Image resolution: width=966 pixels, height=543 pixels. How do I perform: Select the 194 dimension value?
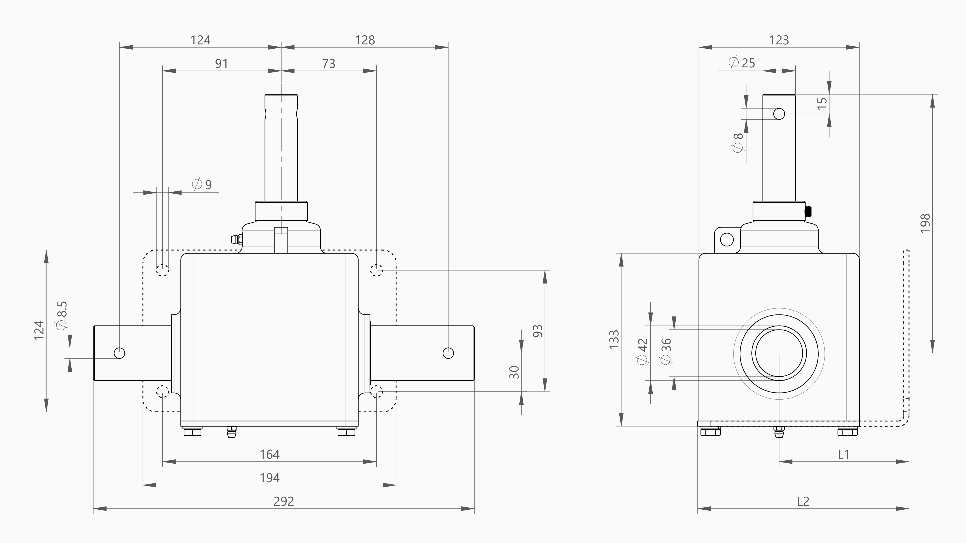(270, 478)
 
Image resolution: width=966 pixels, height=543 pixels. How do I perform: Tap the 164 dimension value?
(270, 455)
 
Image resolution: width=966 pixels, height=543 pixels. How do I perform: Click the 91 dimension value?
(221, 64)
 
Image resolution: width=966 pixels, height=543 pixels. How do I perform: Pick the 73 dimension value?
(328, 64)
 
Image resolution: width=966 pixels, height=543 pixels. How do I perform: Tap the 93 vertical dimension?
(537, 331)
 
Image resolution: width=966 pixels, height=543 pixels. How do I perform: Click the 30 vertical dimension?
(514, 372)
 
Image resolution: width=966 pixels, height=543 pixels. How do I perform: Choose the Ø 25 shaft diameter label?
(741, 63)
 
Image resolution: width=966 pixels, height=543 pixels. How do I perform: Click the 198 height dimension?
(925, 223)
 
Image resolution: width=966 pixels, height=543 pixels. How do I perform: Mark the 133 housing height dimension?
(614, 339)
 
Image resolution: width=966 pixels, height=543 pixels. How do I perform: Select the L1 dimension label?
(843, 455)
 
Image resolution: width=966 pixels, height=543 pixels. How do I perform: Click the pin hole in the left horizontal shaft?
(119, 353)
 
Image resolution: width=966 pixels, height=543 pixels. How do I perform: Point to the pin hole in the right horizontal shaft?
(448, 353)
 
